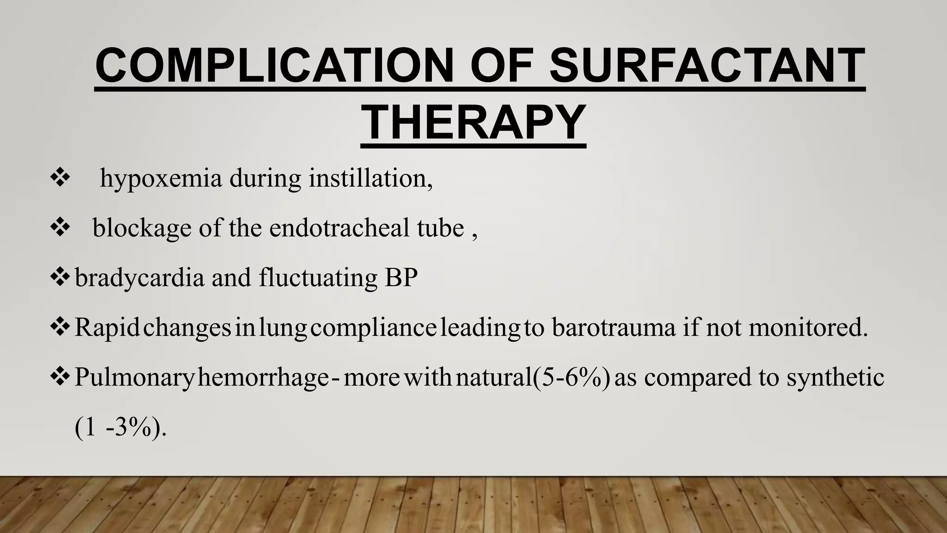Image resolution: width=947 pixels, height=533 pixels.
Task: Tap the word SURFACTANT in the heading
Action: (x=707, y=66)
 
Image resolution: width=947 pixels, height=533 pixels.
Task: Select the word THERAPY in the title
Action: (x=473, y=122)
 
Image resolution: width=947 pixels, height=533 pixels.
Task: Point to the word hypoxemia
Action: (x=161, y=180)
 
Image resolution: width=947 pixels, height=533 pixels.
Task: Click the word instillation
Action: (x=370, y=179)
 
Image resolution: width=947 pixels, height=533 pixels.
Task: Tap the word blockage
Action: (x=142, y=229)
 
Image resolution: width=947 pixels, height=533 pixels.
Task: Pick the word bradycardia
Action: (x=139, y=279)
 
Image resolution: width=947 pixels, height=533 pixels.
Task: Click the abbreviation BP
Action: (x=400, y=278)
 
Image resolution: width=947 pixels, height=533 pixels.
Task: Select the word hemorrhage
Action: (x=263, y=378)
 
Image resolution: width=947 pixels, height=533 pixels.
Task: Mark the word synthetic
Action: (x=836, y=378)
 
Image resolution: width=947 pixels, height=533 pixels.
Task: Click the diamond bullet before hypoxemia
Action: (x=60, y=179)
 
